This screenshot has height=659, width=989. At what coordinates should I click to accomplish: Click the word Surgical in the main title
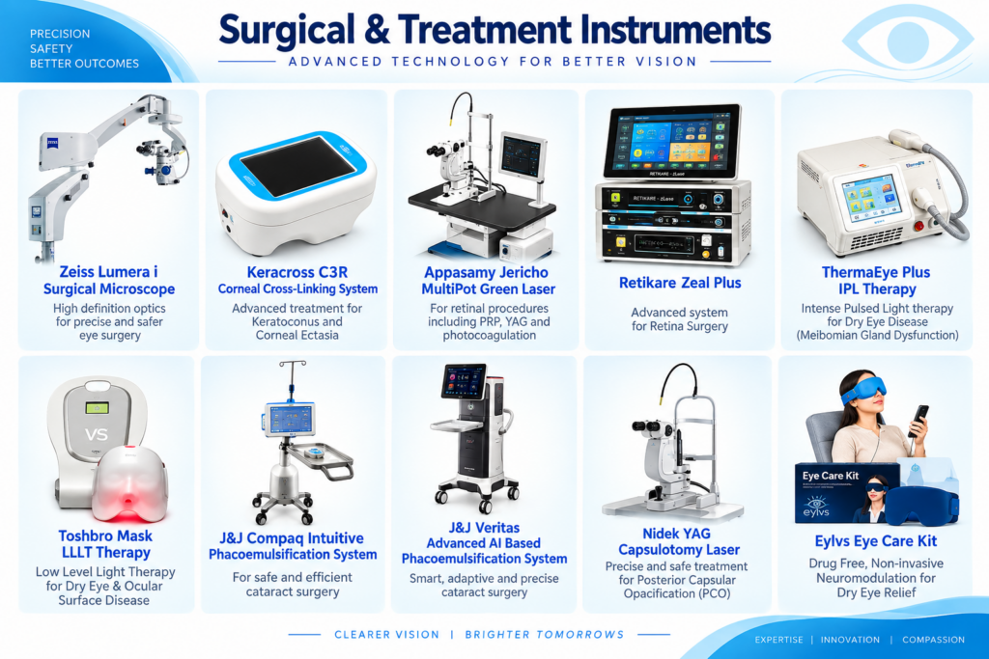click(x=286, y=31)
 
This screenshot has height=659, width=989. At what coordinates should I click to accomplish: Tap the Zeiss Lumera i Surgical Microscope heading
click(x=109, y=281)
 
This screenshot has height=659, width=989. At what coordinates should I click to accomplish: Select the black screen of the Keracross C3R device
click(x=298, y=166)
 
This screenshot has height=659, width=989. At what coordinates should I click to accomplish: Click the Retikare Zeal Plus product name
click(x=680, y=283)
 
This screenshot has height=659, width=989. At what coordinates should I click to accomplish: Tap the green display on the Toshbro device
click(x=98, y=408)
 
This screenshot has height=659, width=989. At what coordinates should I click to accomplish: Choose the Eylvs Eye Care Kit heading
click(x=875, y=541)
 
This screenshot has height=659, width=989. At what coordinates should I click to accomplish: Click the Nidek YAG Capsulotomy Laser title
click(x=678, y=541)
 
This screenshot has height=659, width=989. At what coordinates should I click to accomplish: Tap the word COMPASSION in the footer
click(x=934, y=640)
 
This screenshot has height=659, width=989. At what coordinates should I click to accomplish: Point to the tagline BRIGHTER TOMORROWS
click(x=545, y=635)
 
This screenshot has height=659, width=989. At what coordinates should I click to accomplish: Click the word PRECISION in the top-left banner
click(x=60, y=34)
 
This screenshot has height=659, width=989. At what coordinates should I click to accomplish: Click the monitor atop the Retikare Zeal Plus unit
click(x=672, y=142)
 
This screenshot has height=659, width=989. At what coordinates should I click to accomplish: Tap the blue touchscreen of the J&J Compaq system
click(x=290, y=419)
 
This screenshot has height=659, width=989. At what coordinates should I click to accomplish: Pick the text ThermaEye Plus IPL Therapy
click(x=876, y=281)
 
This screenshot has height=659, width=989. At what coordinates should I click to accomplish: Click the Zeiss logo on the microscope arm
click(x=53, y=143)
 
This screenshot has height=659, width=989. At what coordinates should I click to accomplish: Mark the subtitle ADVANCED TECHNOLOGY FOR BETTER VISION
click(x=493, y=62)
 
